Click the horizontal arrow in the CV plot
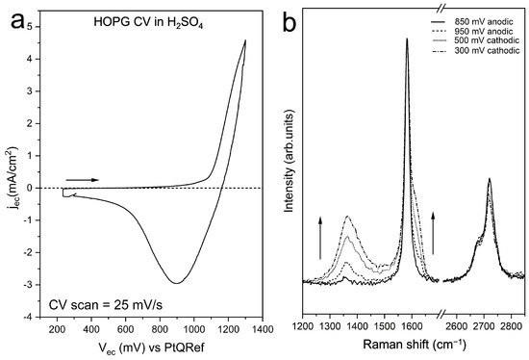tap(82, 179)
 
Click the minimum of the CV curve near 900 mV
tap(175, 283)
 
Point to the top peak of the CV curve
tap(245, 40)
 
